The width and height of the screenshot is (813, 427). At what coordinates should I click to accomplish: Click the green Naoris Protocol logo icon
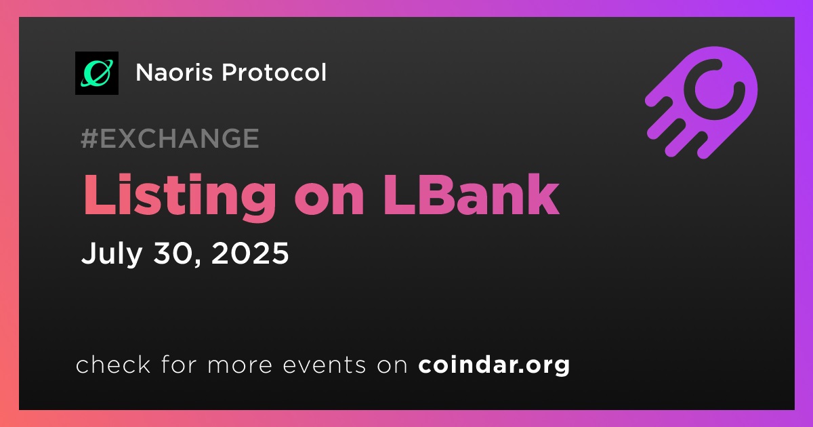(x=97, y=73)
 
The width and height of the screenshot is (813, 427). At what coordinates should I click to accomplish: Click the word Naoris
(x=174, y=73)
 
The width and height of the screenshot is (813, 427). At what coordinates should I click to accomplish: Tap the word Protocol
(x=274, y=73)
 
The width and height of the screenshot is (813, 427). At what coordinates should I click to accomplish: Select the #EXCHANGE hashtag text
(x=170, y=138)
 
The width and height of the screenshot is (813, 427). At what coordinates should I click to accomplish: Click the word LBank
(x=472, y=195)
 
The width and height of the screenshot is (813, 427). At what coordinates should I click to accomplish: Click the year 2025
(x=250, y=253)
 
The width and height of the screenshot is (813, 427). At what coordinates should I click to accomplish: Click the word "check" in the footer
(x=113, y=365)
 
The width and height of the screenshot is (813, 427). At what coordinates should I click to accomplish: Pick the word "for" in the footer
(x=179, y=365)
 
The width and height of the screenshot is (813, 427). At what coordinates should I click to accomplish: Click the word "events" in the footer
(x=325, y=365)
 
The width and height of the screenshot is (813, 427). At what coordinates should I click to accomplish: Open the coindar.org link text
(x=494, y=365)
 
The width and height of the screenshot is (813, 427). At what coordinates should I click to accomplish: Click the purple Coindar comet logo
(x=702, y=102)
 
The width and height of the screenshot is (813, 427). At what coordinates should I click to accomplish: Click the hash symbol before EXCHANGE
(x=89, y=138)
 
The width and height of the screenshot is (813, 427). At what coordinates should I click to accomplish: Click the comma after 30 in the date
(x=197, y=262)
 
